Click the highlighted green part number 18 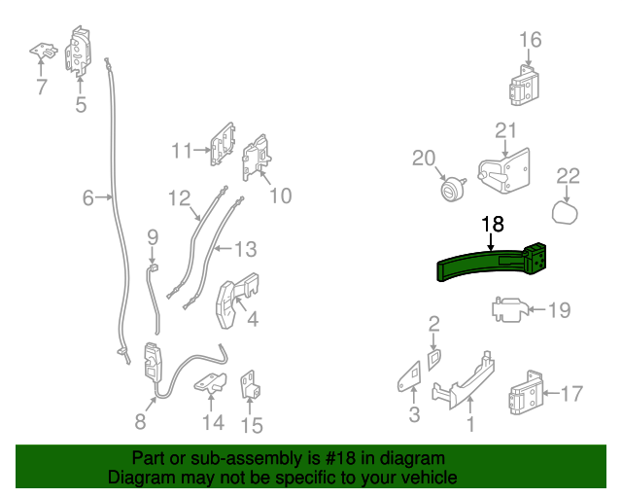coord(486,266)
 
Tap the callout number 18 coord(493,224)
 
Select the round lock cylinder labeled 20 coord(450,190)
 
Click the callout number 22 coord(568,175)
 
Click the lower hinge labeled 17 coord(526,393)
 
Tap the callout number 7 coord(41,88)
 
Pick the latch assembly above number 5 coord(80,51)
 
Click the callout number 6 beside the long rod coord(87,198)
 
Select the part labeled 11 coord(222,144)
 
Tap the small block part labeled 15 coord(249,386)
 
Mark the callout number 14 coord(213,422)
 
